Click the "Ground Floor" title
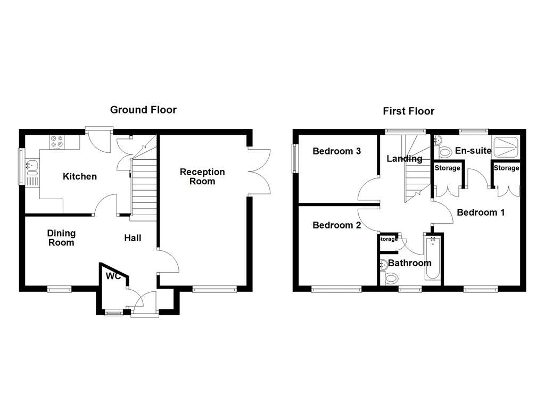tap(143, 110)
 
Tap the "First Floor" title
tap(408, 111)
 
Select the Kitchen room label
tap(80, 176)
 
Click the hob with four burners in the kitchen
tap(56, 142)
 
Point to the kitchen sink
tap(31, 167)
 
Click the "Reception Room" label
tap(202, 176)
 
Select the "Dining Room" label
tap(61, 238)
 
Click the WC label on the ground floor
tap(113, 276)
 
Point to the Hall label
tap(133, 238)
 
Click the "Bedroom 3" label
tap(336, 151)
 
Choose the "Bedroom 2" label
tap(336, 225)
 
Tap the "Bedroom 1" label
tap(481, 212)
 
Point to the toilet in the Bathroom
tap(391, 277)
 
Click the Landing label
tap(404, 159)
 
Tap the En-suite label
tap(473, 151)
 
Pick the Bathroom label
tap(409, 263)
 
